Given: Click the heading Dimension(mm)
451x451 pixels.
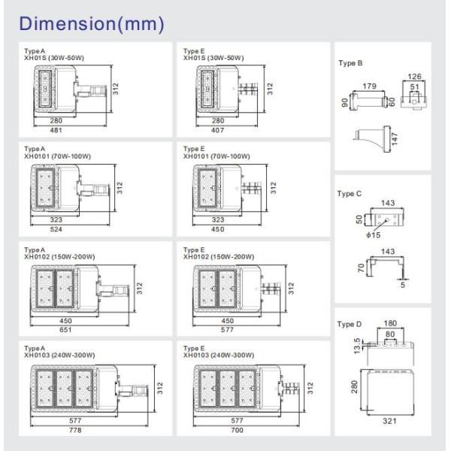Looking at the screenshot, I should [93, 24].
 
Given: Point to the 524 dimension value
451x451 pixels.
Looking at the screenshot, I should [56, 229].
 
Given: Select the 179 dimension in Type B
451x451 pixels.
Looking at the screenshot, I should [368, 86].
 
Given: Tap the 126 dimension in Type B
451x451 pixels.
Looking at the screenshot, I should [413, 76].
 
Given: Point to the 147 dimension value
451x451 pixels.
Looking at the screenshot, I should [392, 138].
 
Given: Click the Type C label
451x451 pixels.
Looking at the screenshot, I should [350, 193].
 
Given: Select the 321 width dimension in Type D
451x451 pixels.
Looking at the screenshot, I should [389, 421].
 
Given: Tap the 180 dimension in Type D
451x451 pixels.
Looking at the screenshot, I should [390, 324].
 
